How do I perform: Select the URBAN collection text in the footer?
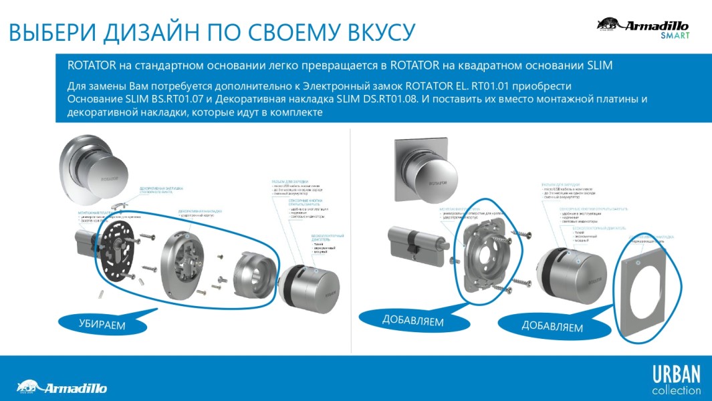click(676, 380)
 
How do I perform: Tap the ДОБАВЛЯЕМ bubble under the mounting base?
click(412, 321)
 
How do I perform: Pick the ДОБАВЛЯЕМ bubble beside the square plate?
click(552, 327)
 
